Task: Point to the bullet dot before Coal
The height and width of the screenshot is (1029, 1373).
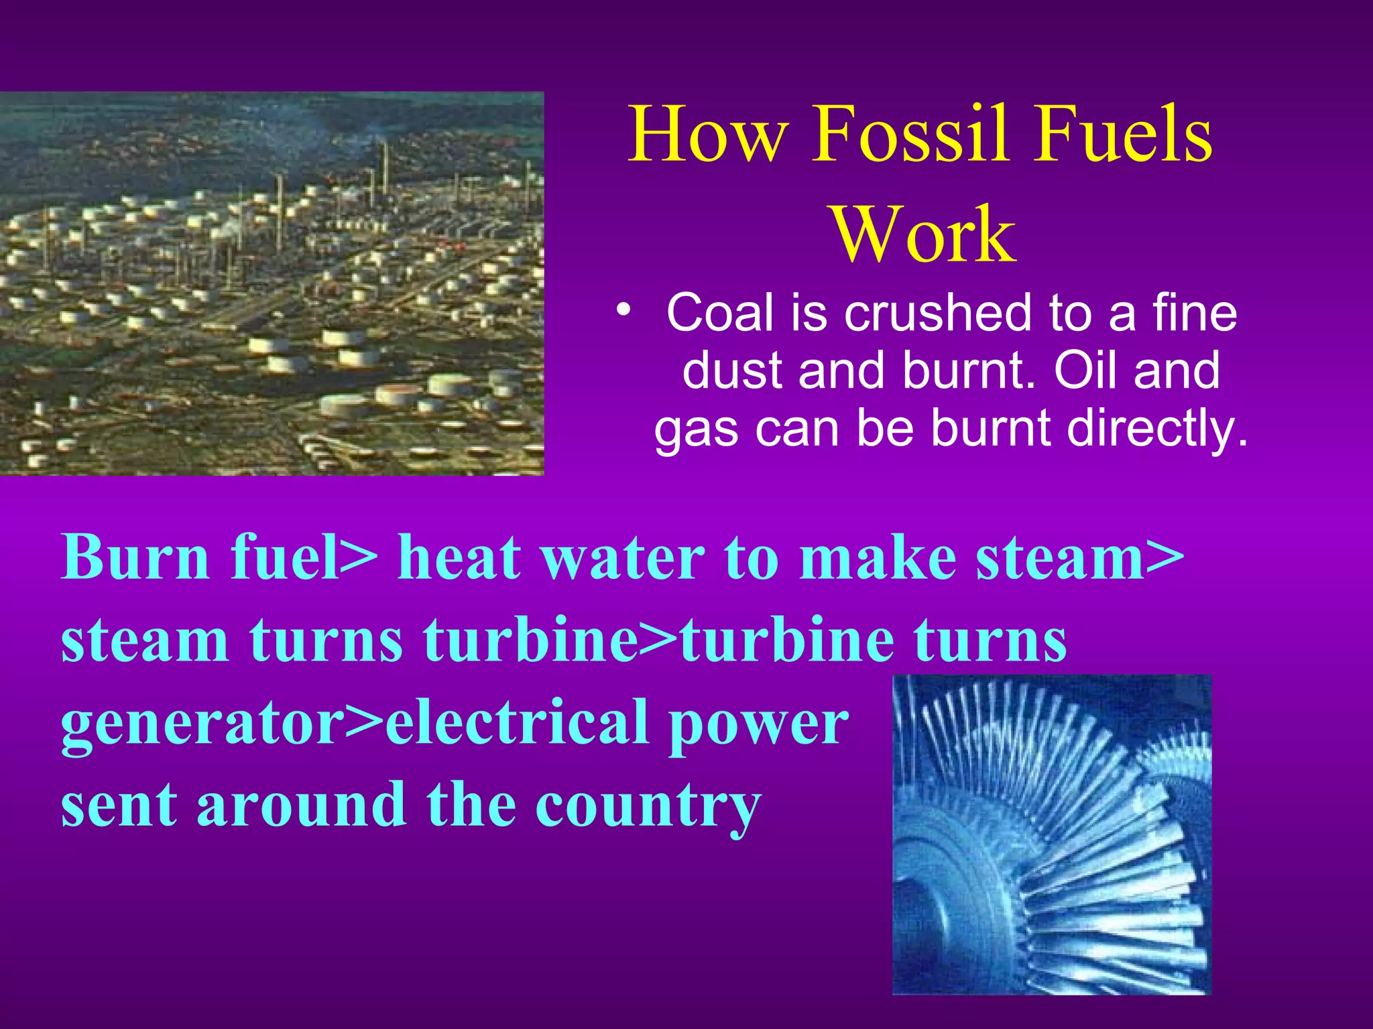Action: click(624, 310)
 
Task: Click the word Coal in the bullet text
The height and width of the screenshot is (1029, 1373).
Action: click(719, 313)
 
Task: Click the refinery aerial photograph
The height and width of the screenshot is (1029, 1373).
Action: click(272, 283)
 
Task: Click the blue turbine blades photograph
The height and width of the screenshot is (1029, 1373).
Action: click(1051, 835)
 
